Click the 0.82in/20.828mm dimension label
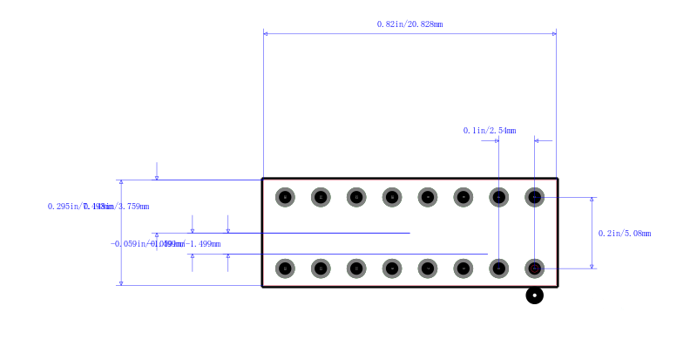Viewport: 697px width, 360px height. pyautogui.click(x=409, y=24)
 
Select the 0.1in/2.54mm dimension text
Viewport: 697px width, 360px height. pyautogui.click(x=489, y=131)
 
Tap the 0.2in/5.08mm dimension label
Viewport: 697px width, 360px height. pyautogui.click(x=625, y=234)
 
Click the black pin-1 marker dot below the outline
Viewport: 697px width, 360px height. pyautogui.click(x=535, y=296)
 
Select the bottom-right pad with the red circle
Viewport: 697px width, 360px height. pyautogui.click(x=535, y=268)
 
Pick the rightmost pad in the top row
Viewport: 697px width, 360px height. pyautogui.click(x=535, y=198)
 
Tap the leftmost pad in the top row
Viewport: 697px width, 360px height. pyautogui.click(x=285, y=198)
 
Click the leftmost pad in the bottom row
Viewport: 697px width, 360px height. pyautogui.click(x=285, y=268)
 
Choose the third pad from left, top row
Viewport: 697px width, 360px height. pyautogui.click(x=356, y=198)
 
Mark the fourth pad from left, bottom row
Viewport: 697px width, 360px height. pyautogui.click(x=392, y=268)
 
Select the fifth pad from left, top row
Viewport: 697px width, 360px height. pyautogui.click(x=428, y=198)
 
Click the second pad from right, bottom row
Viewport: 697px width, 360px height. pyautogui.click(x=499, y=268)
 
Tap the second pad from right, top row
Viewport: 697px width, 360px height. pyautogui.click(x=499, y=198)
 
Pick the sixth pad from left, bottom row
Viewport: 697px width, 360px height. pyautogui.click(x=464, y=268)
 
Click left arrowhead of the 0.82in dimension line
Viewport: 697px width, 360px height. pyautogui.click(x=266, y=33)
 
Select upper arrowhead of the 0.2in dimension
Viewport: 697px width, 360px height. pyautogui.click(x=592, y=200)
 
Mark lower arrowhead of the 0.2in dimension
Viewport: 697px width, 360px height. pyautogui.click(x=592, y=266)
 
